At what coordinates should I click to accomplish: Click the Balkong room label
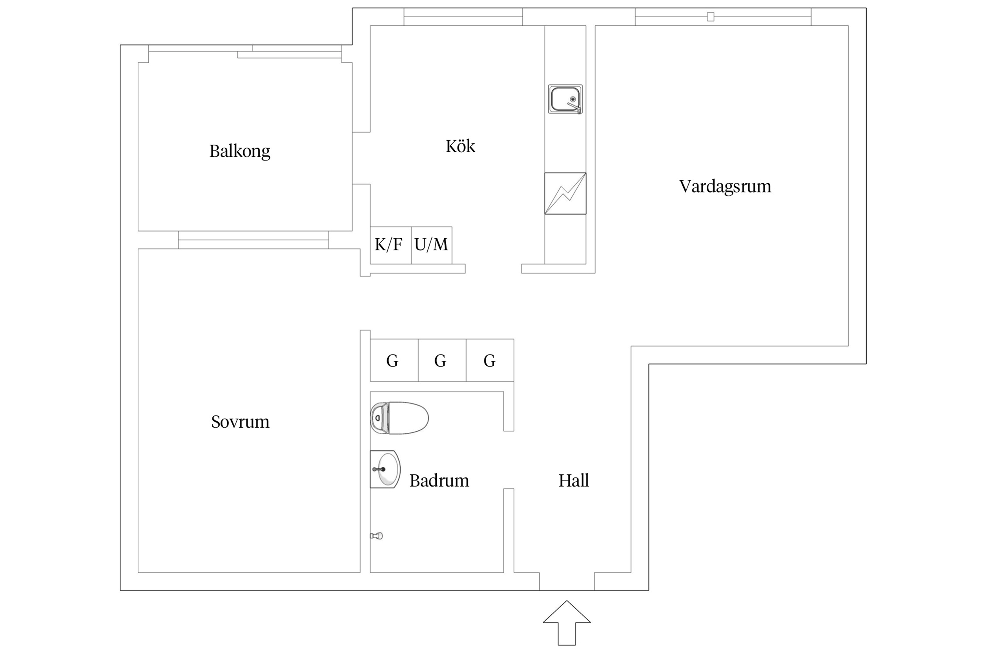click(239, 151)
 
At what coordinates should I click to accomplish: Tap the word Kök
click(460, 146)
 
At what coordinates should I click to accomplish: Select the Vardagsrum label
click(725, 186)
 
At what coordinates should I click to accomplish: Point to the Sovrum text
click(240, 422)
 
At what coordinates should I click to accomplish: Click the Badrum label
click(439, 481)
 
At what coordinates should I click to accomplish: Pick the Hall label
click(574, 481)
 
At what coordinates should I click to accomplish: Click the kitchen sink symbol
click(565, 99)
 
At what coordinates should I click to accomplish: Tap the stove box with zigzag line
click(565, 193)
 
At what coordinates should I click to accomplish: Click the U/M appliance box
click(431, 245)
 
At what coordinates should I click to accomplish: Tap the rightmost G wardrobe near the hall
click(490, 361)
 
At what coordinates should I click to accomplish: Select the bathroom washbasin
click(385, 469)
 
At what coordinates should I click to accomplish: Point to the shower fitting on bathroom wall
click(377, 536)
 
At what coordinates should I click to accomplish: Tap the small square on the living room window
click(710, 17)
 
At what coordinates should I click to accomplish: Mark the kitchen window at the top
click(463, 17)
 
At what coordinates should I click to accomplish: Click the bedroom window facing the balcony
click(253, 240)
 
